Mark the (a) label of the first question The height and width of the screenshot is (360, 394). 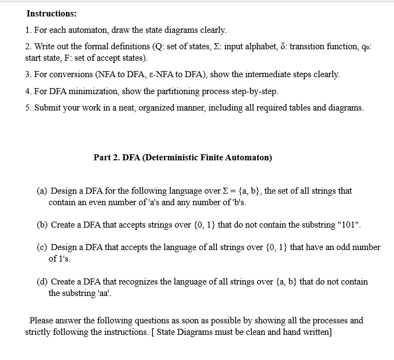tap(42, 191)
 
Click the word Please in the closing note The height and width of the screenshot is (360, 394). tap(42, 321)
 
